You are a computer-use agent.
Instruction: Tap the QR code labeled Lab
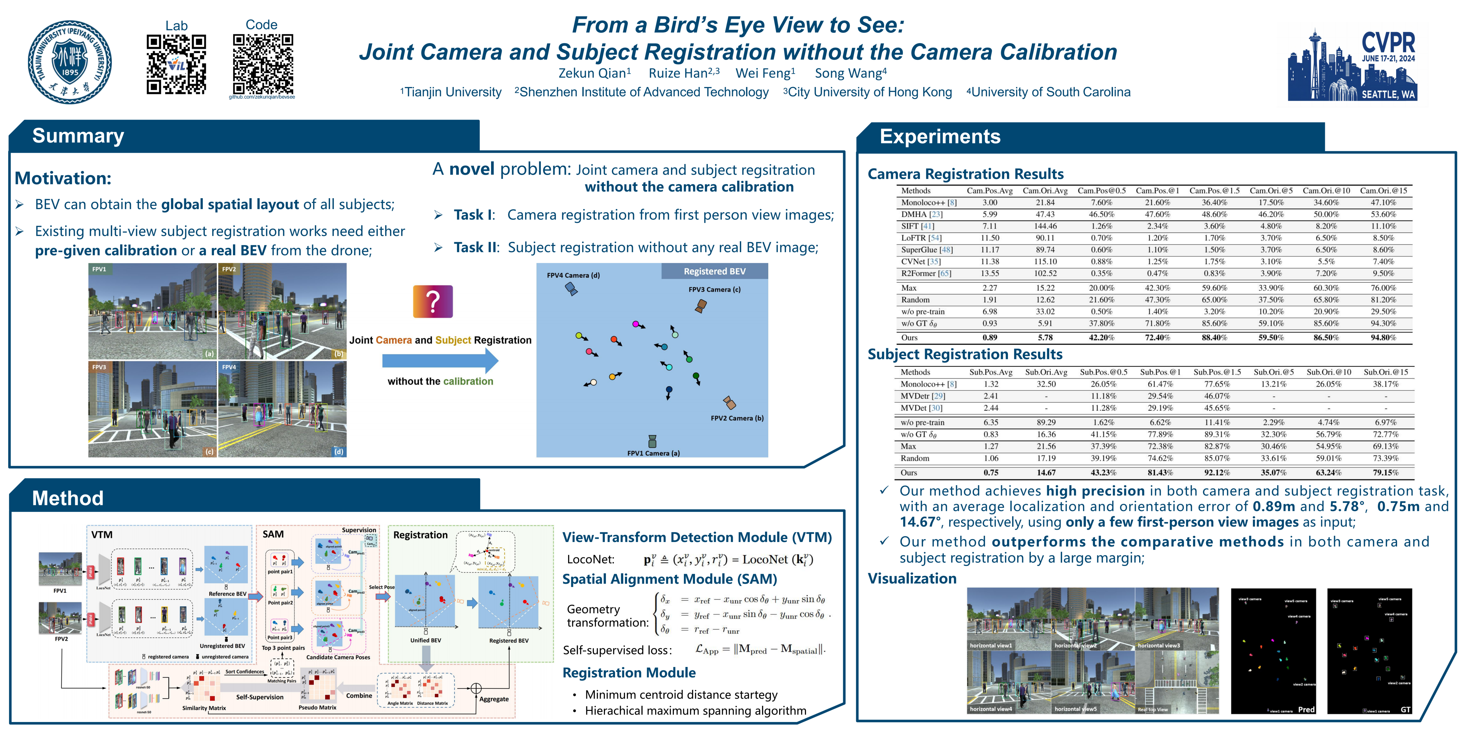click(x=176, y=64)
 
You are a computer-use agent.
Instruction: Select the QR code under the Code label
click(x=263, y=64)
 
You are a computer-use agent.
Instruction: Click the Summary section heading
click(x=78, y=136)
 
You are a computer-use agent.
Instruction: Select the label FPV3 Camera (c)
click(x=714, y=289)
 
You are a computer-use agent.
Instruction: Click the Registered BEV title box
click(x=714, y=271)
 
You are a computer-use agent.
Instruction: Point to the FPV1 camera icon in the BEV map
click(x=652, y=441)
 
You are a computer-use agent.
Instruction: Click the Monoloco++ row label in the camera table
click(x=928, y=202)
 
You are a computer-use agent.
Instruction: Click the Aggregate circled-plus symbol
click(x=476, y=689)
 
